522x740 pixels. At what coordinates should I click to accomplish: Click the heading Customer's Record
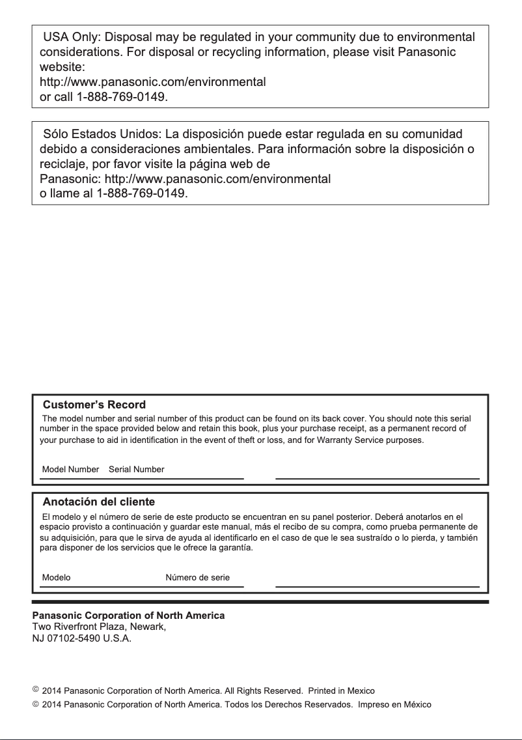(x=94, y=405)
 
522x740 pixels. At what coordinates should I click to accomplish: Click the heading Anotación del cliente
(x=98, y=502)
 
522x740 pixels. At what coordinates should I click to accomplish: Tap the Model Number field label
(x=70, y=469)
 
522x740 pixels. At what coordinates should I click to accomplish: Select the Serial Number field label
(x=137, y=469)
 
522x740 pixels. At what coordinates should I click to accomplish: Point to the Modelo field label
(x=56, y=578)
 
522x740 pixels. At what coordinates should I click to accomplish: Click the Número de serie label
(x=197, y=578)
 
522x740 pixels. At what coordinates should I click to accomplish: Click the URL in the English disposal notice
(x=153, y=83)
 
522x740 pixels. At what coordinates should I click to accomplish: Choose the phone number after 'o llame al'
(x=142, y=193)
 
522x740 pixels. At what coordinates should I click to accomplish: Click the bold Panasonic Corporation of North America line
(x=128, y=616)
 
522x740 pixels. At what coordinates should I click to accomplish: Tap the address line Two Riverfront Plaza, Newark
(x=100, y=627)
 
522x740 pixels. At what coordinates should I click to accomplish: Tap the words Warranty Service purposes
(x=372, y=440)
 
